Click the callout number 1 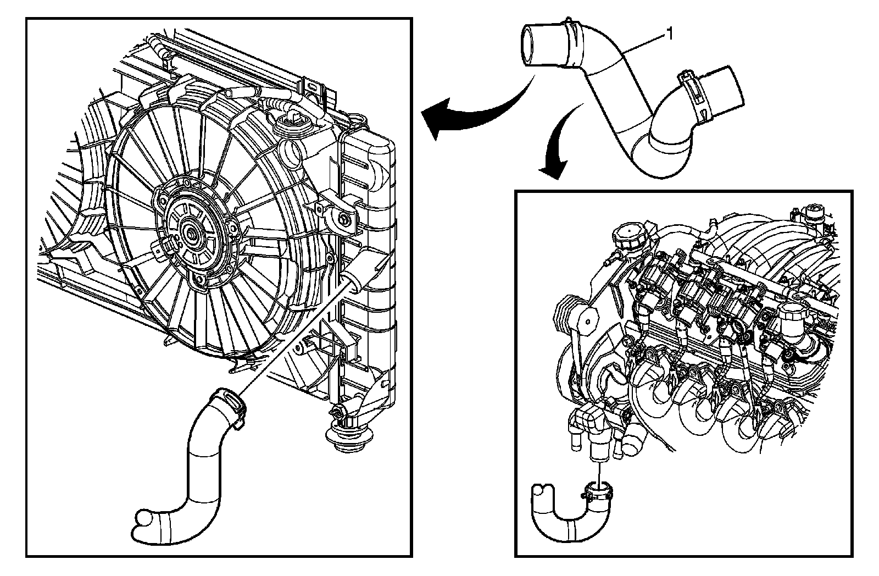click(669, 35)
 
